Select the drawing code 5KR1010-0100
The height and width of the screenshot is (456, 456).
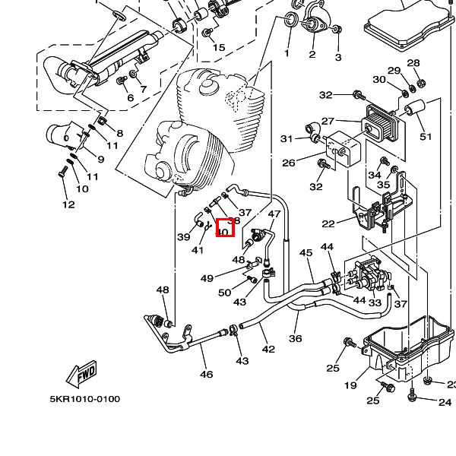(85, 399)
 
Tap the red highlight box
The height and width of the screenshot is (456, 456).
(225, 227)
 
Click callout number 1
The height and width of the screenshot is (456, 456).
(287, 53)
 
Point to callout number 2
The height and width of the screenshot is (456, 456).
(312, 54)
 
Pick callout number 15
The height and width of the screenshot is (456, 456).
(219, 47)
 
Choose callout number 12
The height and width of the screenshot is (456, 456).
(68, 204)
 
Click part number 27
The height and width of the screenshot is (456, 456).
(328, 121)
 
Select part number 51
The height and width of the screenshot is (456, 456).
(425, 136)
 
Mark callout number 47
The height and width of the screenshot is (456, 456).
(274, 215)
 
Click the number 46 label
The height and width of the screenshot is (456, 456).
(206, 374)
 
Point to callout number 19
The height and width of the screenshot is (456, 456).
(350, 385)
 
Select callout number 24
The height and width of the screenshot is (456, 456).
(445, 402)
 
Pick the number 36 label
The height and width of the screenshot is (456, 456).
(296, 339)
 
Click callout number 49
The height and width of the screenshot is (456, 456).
(207, 278)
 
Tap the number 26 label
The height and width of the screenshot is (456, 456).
(289, 163)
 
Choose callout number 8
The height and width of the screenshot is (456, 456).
(119, 134)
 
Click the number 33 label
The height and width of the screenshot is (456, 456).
(375, 302)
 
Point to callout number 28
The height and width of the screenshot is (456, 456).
(413, 63)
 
